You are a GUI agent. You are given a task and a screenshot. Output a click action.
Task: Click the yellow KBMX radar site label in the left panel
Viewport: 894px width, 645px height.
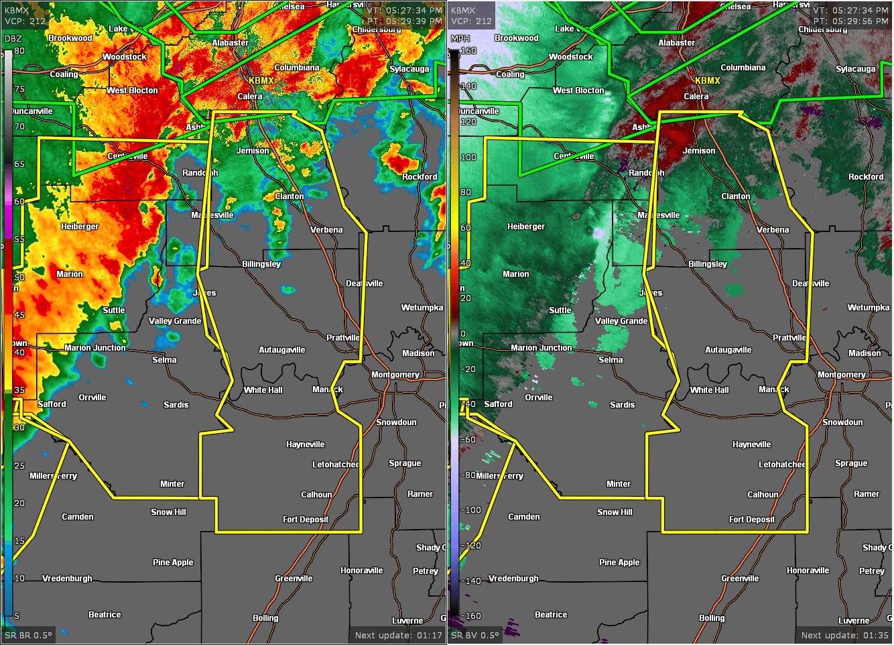pos(261,80)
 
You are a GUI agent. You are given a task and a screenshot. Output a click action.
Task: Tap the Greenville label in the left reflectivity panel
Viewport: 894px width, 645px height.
pos(294,579)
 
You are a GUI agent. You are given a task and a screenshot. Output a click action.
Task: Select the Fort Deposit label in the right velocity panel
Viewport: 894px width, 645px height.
pos(752,520)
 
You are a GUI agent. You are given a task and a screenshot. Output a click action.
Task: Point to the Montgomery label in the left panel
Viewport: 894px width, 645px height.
pos(395,375)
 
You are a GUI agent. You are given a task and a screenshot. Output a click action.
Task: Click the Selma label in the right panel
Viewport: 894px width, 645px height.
pos(611,360)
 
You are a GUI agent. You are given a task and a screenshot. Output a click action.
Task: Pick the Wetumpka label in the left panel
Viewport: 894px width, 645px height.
pos(422,308)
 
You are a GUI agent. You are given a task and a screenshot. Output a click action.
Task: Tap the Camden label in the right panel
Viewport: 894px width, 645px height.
pos(524,517)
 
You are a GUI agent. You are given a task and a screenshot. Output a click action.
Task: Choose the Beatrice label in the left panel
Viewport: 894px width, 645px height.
pos(105,615)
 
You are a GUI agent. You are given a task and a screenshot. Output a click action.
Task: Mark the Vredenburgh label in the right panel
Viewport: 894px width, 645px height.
pos(513,579)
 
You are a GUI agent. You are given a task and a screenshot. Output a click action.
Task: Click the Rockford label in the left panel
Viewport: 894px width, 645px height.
pos(420,177)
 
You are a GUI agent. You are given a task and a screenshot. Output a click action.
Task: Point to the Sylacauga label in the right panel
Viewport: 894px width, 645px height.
pos(856,69)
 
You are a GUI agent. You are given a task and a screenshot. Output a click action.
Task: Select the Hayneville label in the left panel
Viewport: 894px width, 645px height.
pos(305,445)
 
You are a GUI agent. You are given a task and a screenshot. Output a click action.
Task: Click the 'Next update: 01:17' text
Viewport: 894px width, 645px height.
pos(399,636)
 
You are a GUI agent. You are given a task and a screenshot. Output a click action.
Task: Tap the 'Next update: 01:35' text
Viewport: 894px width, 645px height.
pos(845,636)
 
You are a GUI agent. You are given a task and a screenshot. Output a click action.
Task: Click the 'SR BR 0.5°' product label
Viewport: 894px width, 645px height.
pos(28,636)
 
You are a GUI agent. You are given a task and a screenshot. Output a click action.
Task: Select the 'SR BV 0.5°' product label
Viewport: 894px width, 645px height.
pos(475,636)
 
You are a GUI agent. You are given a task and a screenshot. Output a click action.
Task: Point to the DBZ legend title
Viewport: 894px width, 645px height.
pos(13,39)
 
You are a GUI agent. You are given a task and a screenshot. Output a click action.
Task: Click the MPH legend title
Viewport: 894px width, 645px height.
pos(460,39)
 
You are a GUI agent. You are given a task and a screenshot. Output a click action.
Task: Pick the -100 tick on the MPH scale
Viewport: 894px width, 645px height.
pos(470,510)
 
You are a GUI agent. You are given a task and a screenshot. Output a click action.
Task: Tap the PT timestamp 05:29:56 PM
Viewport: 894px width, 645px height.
pos(851,21)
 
